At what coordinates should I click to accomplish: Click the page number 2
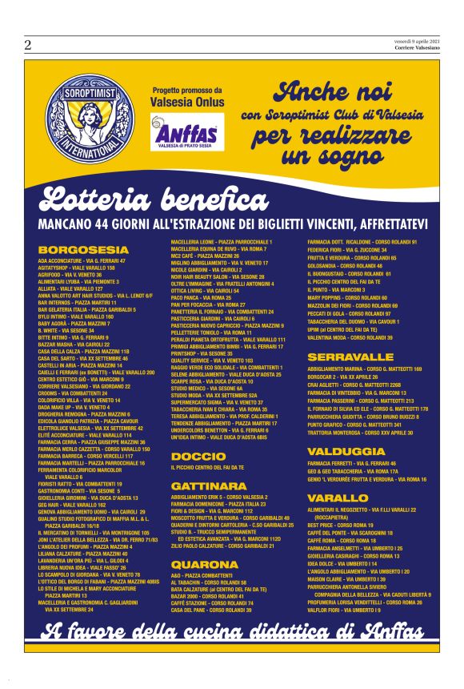tap(27, 46)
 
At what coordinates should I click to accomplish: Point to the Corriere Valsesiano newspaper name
tap(417, 48)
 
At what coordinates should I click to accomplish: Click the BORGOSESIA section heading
tap(74, 250)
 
